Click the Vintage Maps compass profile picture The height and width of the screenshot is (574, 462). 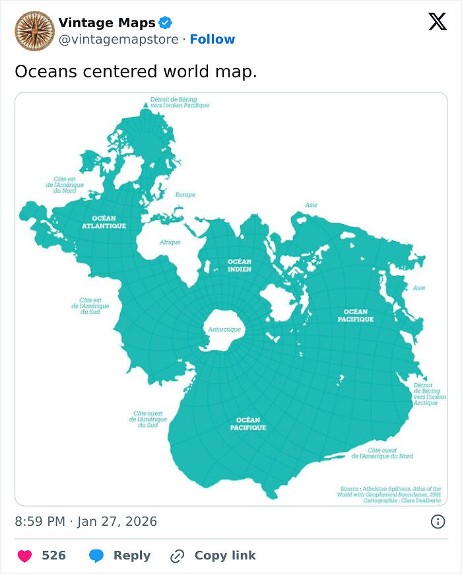(34, 31)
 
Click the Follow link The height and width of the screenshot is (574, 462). (212, 40)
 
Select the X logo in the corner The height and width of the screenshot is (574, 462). (437, 22)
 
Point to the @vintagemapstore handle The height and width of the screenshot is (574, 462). (118, 40)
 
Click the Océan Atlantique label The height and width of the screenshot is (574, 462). (104, 222)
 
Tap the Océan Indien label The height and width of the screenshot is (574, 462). (240, 265)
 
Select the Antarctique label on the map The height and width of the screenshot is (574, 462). (224, 329)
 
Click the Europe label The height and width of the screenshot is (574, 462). (185, 195)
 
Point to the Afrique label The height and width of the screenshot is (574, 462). (170, 242)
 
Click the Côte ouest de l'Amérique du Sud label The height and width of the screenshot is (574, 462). (148, 419)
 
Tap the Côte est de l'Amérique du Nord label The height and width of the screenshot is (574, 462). (65, 184)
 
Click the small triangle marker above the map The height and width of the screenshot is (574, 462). (145, 106)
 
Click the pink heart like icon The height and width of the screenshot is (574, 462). (24, 556)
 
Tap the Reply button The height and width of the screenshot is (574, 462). (119, 556)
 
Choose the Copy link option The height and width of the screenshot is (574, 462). (213, 556)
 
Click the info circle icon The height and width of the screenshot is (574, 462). (438, 522)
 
